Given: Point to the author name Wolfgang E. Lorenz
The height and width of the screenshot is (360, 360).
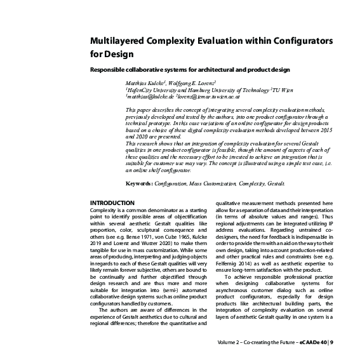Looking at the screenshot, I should point(191,83).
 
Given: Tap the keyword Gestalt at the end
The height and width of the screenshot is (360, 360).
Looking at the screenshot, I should point(275,183).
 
